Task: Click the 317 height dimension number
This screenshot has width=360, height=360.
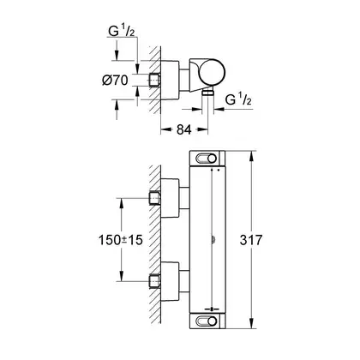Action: coord(250,240)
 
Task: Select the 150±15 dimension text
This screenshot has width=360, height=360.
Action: coord(120,240)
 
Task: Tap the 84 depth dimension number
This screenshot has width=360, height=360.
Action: coord(183,130)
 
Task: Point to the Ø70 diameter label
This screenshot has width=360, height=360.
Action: coord(115,81)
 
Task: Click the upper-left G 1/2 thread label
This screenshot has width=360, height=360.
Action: coord(122,31)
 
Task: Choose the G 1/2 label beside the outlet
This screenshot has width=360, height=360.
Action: coord(238,99)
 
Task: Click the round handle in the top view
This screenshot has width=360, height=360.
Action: coord(212,73)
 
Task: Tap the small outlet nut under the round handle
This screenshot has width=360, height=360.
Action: coord(207,93)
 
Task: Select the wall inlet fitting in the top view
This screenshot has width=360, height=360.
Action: coord(154,81)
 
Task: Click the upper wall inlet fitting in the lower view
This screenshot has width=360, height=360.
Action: coord(154,198)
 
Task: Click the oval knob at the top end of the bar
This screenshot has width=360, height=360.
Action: coord(207,159)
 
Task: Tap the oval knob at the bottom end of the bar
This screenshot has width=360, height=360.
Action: coord(207,321)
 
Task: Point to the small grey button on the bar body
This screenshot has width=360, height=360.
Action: coord(213,240)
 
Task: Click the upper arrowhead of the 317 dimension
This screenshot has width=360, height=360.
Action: coord(252,156)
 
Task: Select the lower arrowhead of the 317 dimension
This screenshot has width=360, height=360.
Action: coord(252,323)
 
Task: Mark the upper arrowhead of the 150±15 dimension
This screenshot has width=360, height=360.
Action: coord(122,203)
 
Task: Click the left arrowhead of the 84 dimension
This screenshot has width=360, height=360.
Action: coord(165,130)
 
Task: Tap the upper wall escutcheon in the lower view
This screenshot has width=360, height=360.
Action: coord(171,198)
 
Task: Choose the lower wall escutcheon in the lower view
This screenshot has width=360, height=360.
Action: coord(171,282)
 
